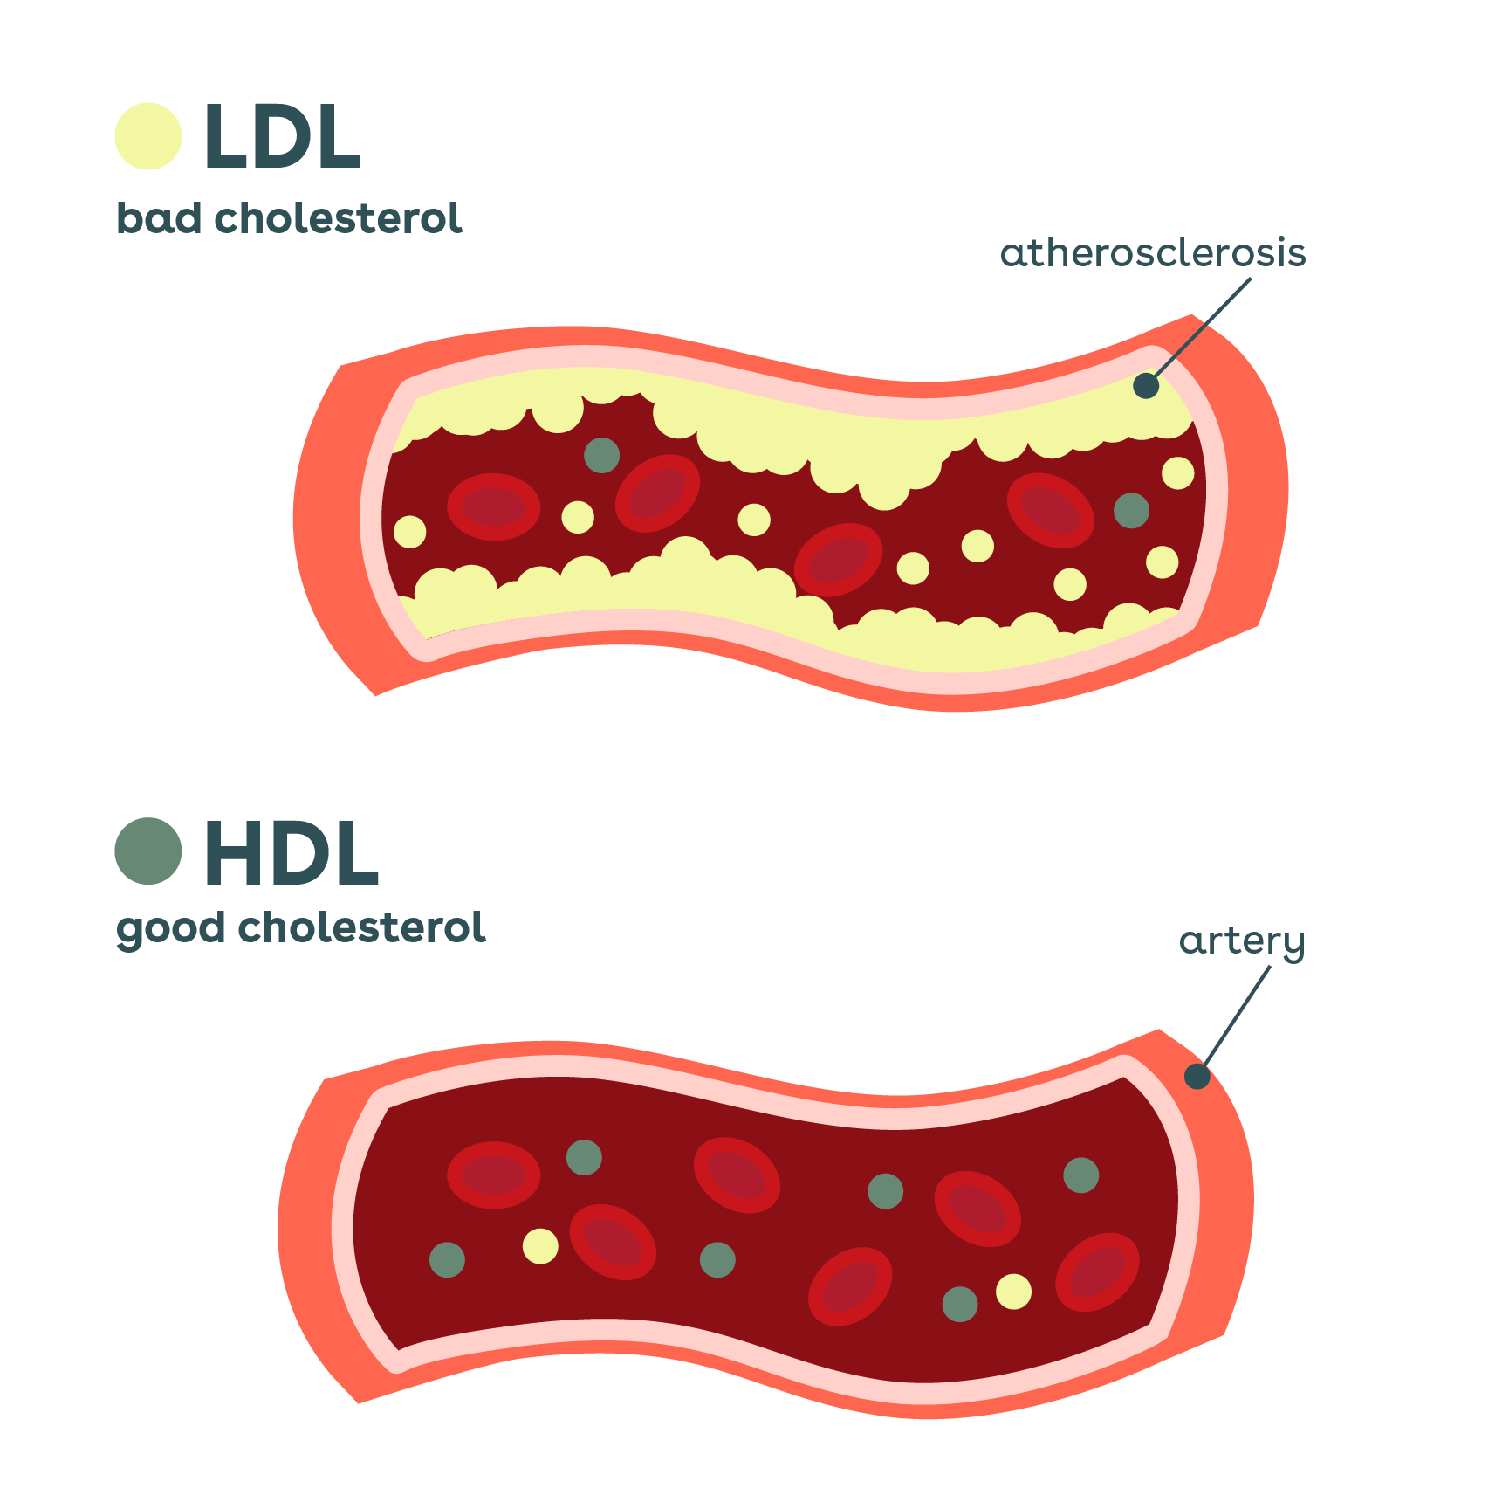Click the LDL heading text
[281, 137]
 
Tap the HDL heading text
[291, 853]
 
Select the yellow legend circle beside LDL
[148, 136]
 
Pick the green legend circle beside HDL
[148, 851]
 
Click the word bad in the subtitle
[158, 218]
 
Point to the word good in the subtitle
[170, 928]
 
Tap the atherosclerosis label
[1152, 253]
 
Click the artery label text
[1241, 941]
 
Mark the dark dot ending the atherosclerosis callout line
[1146, 385]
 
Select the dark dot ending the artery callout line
[1197, 1076]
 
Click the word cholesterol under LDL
[338, 218]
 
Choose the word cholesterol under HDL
[361, 927]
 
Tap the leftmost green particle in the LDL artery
[601, 455]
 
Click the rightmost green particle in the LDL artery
[1131, 510]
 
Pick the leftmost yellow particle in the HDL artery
[540, 1245]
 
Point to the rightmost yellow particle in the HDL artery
[1013, 1292]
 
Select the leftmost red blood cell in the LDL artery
[493, 506]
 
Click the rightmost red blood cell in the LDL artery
[1050, 510]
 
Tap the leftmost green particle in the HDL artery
[447, 1259]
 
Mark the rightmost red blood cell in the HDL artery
[1097, 1272]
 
